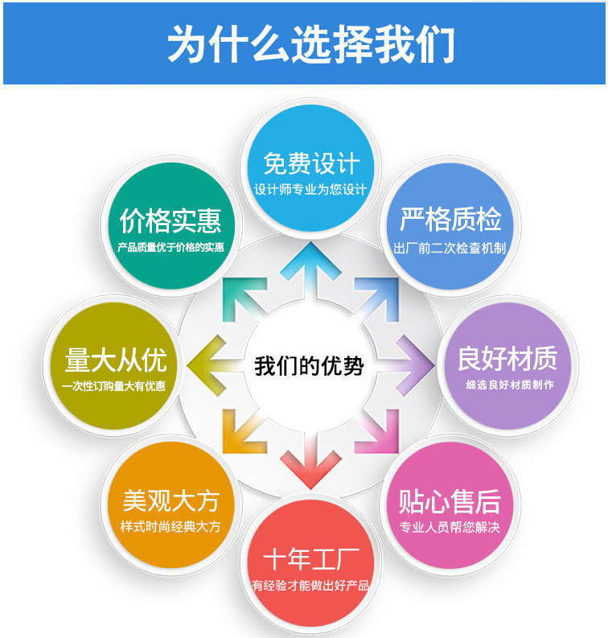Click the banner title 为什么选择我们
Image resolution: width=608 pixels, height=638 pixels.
click(310, 43)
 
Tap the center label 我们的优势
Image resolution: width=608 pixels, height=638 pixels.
click(310, 366)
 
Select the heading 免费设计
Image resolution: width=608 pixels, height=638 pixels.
click(311, 163)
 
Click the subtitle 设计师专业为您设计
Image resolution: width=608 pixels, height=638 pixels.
click(311, 190)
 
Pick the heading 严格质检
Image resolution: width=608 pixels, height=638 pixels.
click(450, 220)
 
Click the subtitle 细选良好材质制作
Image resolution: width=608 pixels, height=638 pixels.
click(509, 385)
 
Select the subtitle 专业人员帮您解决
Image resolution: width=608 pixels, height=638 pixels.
click(450, 528)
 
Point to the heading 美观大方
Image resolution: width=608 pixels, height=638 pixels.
click(170, 501)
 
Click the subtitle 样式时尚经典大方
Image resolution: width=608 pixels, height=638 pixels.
click(170, 527)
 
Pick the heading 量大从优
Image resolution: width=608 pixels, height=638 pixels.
click(116, 360)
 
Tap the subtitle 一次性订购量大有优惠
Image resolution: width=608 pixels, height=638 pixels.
click(114, 385)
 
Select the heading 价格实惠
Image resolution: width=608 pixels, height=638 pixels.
click(170, 220)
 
